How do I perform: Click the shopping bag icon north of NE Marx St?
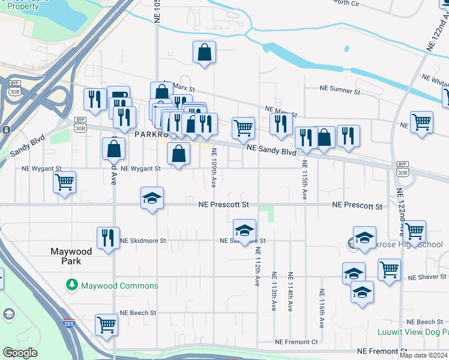click(205, 52)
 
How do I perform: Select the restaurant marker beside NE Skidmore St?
click(108, 238)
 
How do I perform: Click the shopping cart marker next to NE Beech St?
click(106, 325)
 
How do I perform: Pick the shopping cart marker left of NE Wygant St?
click(64, 182)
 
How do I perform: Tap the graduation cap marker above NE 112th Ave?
click(244, 230)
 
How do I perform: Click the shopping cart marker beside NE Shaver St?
click(390, 271)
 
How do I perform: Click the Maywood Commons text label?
click(120, 286)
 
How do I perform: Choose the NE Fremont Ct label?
click(296, 342)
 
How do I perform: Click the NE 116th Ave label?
click(322, 308)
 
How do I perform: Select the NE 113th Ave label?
click(274, 292)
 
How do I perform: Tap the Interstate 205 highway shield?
click(64, 324)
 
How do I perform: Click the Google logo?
click(20, 353)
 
